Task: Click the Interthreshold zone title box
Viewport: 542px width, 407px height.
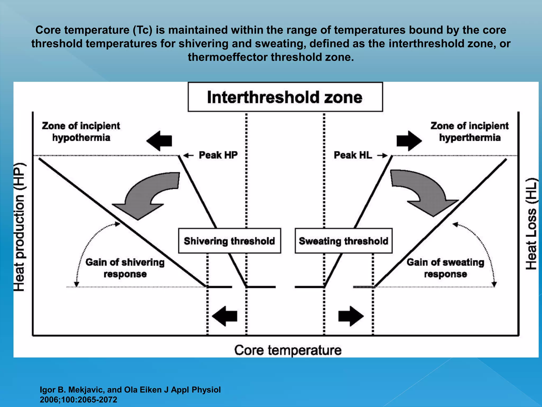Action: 285,97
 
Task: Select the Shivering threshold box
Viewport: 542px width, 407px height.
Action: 229,241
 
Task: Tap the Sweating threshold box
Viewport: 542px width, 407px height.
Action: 343,241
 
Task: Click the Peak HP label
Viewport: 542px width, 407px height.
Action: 218,155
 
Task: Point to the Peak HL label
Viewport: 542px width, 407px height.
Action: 353,155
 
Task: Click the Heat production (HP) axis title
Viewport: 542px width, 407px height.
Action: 20,227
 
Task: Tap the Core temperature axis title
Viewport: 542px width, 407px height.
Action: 288,350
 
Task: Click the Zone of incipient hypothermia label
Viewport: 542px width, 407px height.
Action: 81,132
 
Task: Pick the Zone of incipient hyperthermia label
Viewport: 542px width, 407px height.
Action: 470,132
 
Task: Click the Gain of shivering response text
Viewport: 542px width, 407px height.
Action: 125,268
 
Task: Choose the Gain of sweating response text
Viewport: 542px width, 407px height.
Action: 445,268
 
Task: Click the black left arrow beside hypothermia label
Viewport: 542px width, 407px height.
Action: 159,141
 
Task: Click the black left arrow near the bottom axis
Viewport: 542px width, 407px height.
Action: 225,316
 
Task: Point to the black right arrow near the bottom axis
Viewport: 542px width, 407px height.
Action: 351,316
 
